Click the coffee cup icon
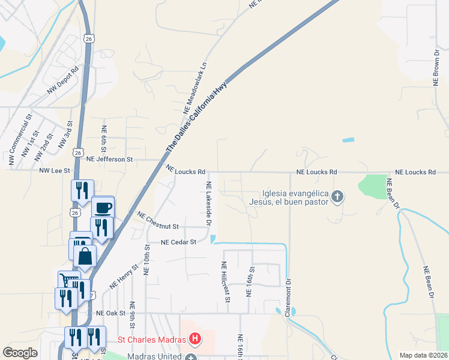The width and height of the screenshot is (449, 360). [x=103, y=208]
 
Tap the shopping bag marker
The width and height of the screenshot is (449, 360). [x=85, y=256]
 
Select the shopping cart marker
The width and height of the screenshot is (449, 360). [x=69, y=281]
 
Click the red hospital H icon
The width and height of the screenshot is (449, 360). [x=194, y=340]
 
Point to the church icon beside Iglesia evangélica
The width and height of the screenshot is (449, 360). [x=337, y=196]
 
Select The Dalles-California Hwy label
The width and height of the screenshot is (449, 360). [x=196, y=115]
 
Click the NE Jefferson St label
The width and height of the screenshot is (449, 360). [x=109, y=160]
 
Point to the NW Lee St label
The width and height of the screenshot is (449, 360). [x=55, y=171]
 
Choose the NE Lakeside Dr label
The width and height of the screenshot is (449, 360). [x=209, y=203]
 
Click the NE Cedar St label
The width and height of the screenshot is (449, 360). [x=179, y=242]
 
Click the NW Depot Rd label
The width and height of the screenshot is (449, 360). [x=63, y=80]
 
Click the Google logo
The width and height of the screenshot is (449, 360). [x=20, y=353]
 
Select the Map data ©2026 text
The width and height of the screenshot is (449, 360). [x=423, y=355]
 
